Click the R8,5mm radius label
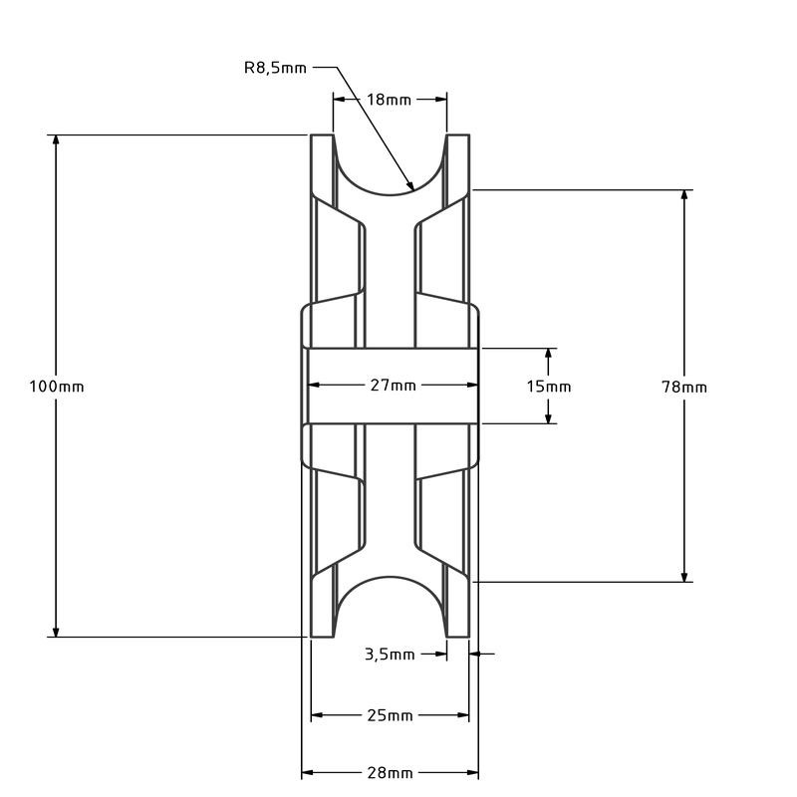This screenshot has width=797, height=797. pyautogui.click(x=275, y=68)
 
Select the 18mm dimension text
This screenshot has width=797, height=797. pyautogui.click(x=389, y=100)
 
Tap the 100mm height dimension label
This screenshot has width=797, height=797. pyautogui.click(x=57, y=387)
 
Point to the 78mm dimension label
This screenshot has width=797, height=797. pyautogui.click(x=683, y=387)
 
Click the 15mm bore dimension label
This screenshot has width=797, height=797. pyautogui.click(x=548, y=387)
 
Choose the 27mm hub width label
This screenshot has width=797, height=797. pyautogui.click(x=393, y=386)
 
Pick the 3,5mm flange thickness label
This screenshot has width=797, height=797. pyautogui.click(x=389, y=655)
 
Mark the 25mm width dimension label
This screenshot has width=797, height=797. pyautogui.click(x=390, y=715)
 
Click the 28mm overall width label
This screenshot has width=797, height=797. pyautogui.click(x=390, y=773)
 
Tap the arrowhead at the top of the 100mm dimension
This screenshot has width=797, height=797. pyautogui.click(x=56, y=140)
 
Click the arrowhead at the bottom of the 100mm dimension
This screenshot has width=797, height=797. pyautogui.click(x=56, y=631)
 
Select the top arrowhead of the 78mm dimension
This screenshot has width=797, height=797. pyautogui.click(x=683, y=195)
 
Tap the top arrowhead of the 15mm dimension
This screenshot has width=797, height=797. pyautogui.click(x=548, y=354)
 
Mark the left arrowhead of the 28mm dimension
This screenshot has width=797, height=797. pyautogui.click(x=308, y=773)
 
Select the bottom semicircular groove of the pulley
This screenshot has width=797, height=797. pyautogui.click(x=390, y=598)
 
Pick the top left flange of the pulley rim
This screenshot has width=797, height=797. pyautogui.click(x=322, y=164)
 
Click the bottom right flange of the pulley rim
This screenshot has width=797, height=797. pyautogui.click(x=456, y=608)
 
